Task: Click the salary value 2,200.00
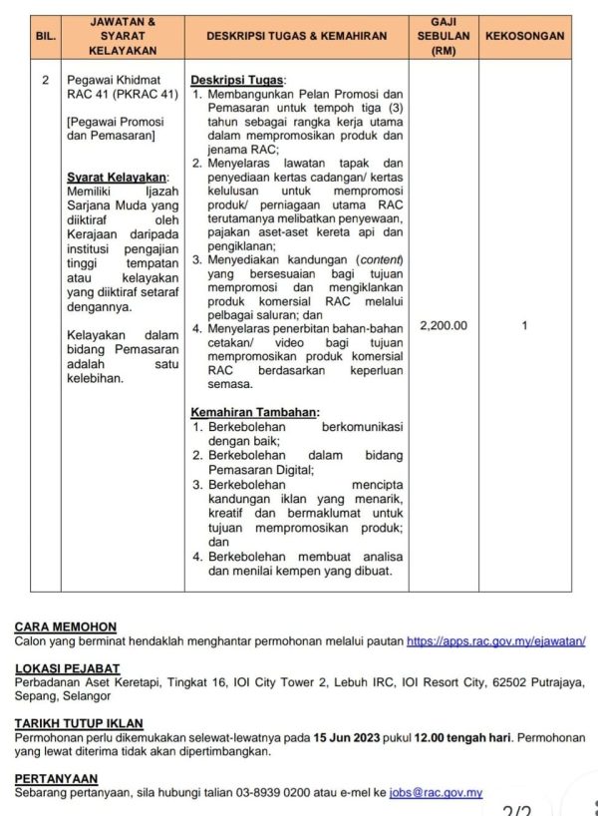coord(444,325)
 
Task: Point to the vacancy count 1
coord(524,325)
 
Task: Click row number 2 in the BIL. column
coord(45,80)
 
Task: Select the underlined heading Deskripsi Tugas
coord(238,80)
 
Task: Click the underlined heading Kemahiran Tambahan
coord(255,412)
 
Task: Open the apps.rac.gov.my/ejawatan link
coord(496,642)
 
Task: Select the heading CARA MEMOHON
coord(66,627)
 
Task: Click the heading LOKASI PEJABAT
coord(68,668)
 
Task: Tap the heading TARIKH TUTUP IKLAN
coord(79,723)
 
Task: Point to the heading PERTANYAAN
coord(56,778)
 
